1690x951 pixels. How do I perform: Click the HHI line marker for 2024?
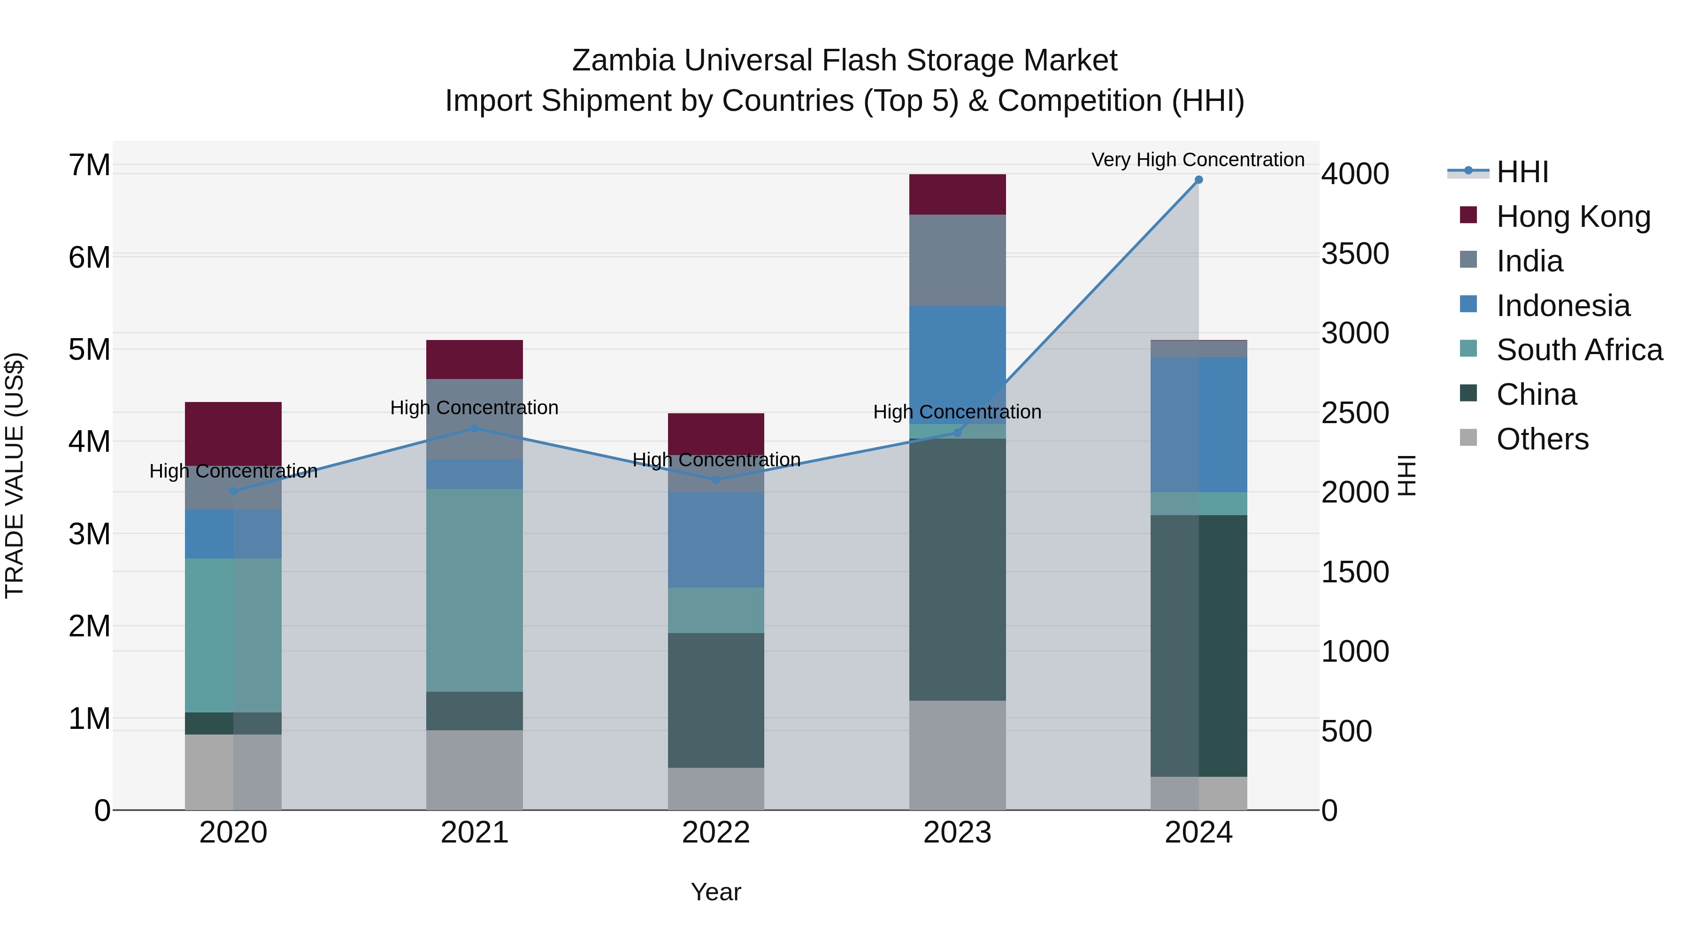pyautogui.click(x=1198, y=180)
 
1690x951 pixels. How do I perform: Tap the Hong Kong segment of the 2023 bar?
pyautogui.click(x=957, y=194)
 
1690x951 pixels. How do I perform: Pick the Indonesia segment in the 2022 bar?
pyautogui.click(x=716, y=540)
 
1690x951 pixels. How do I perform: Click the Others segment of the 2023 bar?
pyautogui.click(x=957, y=755)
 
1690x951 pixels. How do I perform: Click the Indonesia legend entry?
pyautogui.click(x=1563, y=306)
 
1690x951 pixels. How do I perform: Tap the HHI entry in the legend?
pyautogui.click(x=1522, y=172)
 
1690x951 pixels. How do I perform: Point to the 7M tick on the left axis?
pyautogui.click(x=90, y=165)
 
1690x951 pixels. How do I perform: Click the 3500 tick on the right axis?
pyautogui.click(x=1355, y=254)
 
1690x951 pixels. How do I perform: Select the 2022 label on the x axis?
pyautogui.click(x=716, y=833)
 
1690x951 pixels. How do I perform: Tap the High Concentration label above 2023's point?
pyautogui.click(x=957, y=412)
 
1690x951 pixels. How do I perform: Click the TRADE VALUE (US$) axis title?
pyautogui.click(x=15, y=475)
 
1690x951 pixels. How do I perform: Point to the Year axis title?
pyautogui.click(x=716, y=892)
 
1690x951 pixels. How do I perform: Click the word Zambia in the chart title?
pyautogui.click(x=623, y=61)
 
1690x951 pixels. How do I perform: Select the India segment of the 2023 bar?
pyautogui.click(x=957, y=260)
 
